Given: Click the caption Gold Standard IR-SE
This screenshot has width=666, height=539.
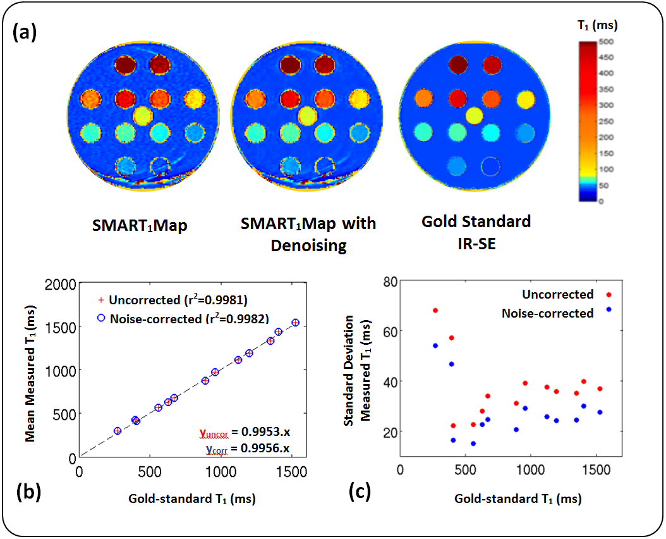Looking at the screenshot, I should pos(476,232).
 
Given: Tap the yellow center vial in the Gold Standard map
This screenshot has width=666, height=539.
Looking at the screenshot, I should pos(473,115).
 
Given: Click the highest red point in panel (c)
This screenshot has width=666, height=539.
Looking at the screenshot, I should pos(435,311).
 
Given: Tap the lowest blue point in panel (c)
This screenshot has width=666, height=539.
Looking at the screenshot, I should pos(473,443).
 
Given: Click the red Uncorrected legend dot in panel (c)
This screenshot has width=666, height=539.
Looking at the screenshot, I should pos(608,294).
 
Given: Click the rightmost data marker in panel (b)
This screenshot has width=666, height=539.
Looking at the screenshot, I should pos(296,323).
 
